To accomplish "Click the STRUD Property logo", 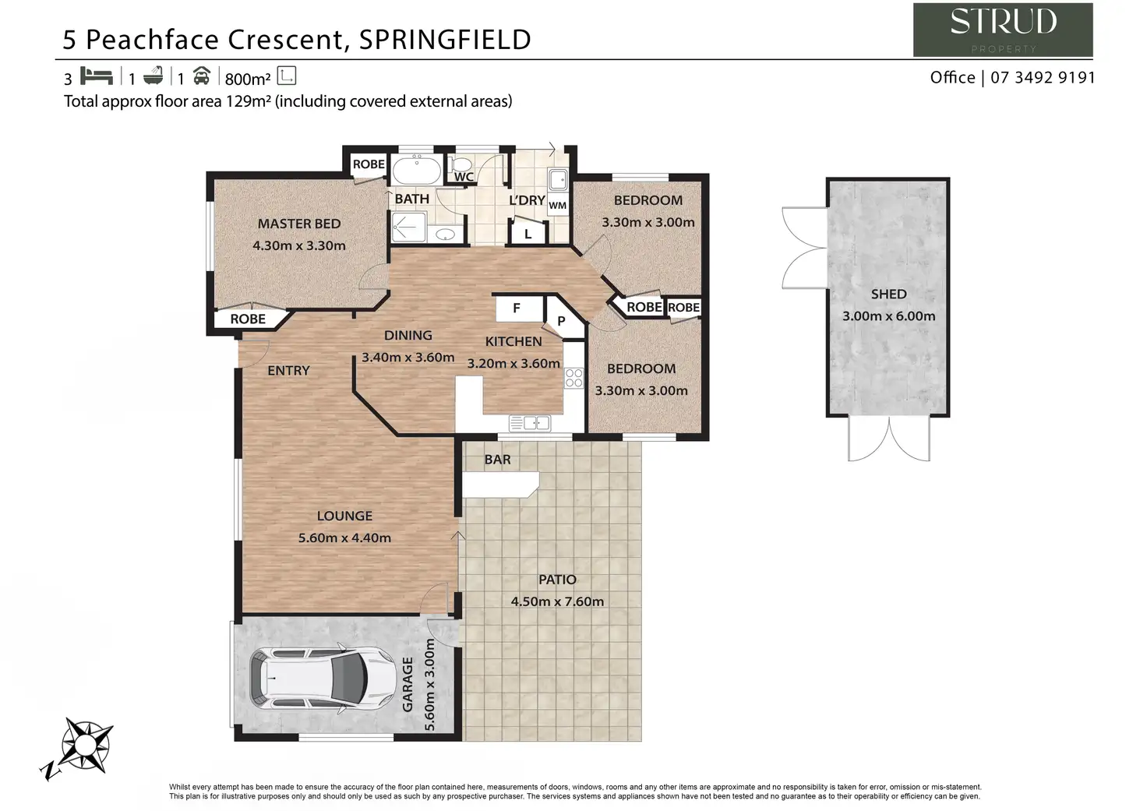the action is (x=1002, y=30).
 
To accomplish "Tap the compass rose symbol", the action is (x=85, y=743).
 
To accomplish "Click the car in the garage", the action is (x=320, y=678).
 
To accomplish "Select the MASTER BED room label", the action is (x=299, y=224).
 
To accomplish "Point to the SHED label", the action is (x=888, y=294).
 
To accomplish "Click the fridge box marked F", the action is (x=517, y=309).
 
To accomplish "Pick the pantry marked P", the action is (x=561, y=320).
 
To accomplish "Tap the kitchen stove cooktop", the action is (x=574, y=379).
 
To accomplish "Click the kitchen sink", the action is (x=530, y=423).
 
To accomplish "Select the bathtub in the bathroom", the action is (x=416, y=170).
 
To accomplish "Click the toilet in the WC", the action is (x=462, y=164).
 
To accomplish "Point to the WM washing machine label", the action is (x=557, y=206).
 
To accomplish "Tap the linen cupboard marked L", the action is (x=528, y=234).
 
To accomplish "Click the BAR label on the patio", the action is (x=497, y=460).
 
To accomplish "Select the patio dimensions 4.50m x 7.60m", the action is (x=557, y=601).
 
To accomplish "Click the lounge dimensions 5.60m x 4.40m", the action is (x=344, y=538).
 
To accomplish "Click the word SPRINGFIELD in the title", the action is (x=445, y=39).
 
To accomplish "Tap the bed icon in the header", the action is (x=97, y=76).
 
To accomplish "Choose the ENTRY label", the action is (x=288, y=371).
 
